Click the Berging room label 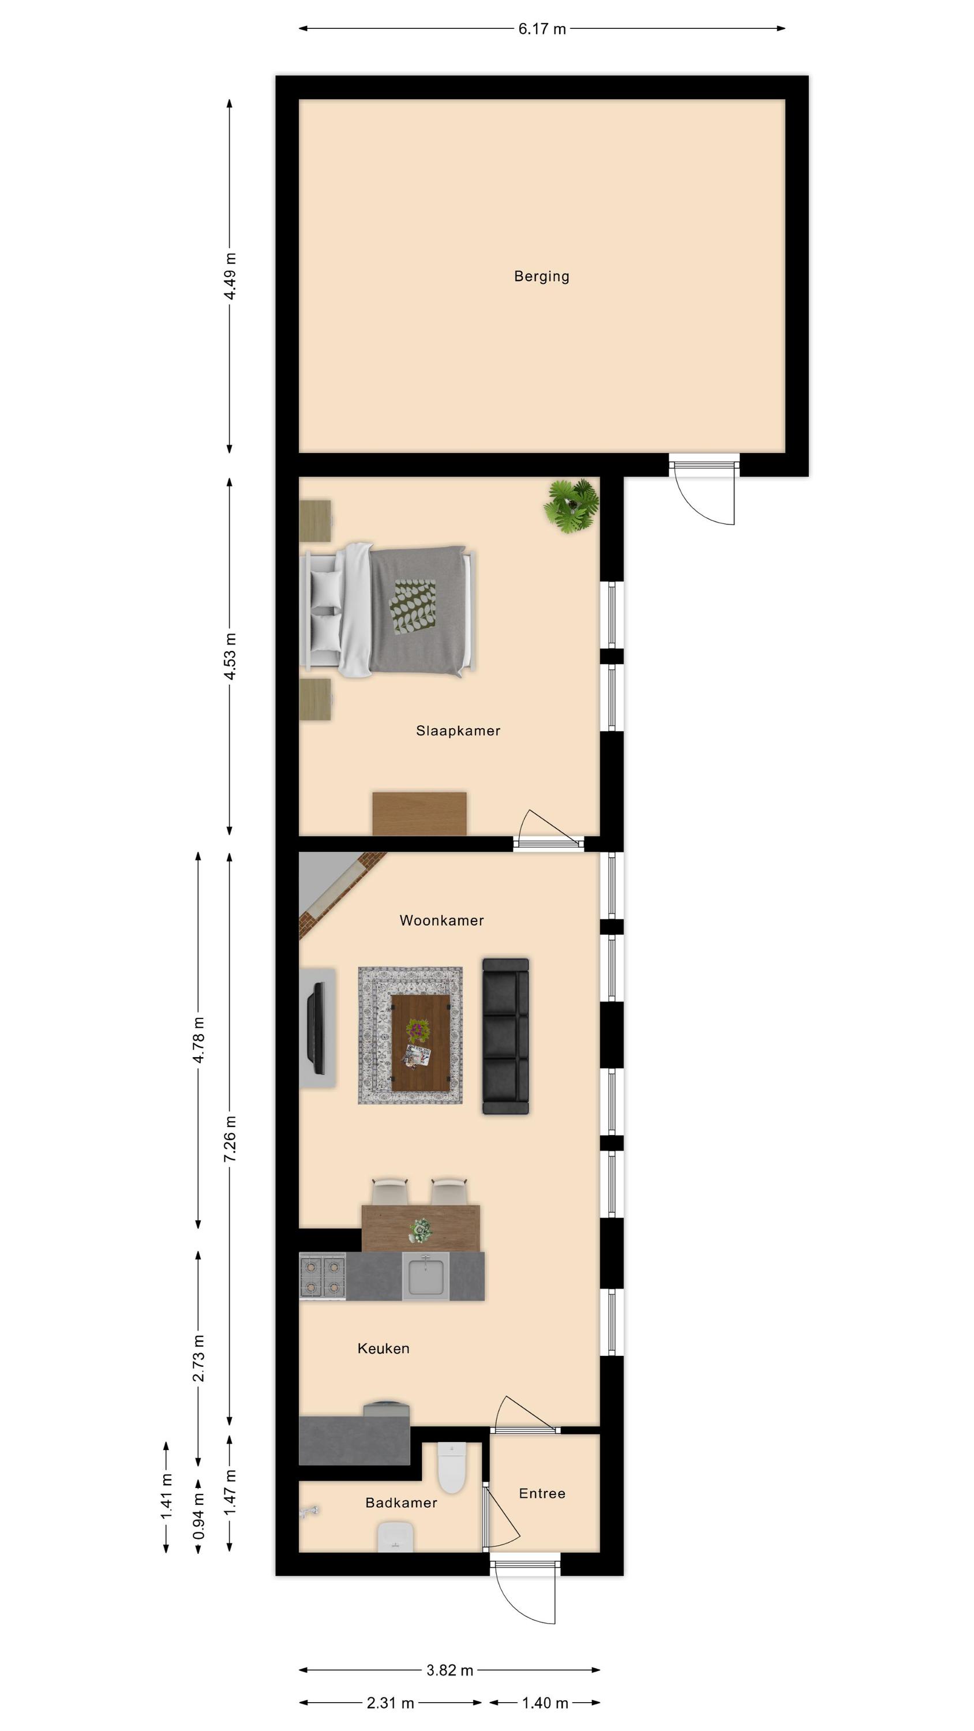541,276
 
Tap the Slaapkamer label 458,730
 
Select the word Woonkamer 441,920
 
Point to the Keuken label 383,1348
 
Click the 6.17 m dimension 542,29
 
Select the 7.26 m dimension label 230,1138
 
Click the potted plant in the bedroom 571,506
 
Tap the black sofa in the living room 505,1036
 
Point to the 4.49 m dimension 230,276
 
